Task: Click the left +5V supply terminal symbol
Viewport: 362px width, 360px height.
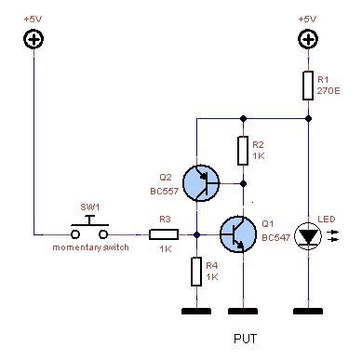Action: [x=34, y=38]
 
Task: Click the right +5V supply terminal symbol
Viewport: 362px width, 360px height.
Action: [x=308, y=38]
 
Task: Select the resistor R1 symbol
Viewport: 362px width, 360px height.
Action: [x=308, y=87]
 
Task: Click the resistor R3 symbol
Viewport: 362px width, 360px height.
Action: [x=166, y=234]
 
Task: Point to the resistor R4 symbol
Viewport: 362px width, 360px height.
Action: [x=197, y=271]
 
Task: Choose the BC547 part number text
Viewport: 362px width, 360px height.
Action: [x=276, y=237]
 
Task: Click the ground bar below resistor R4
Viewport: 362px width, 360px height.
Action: [x=197, y=310]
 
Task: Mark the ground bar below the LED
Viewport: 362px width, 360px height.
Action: [x=308, y=310]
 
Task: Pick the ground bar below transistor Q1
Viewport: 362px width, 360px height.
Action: [x=243, y=310]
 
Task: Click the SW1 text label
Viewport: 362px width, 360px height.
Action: [x=90, y=207]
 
